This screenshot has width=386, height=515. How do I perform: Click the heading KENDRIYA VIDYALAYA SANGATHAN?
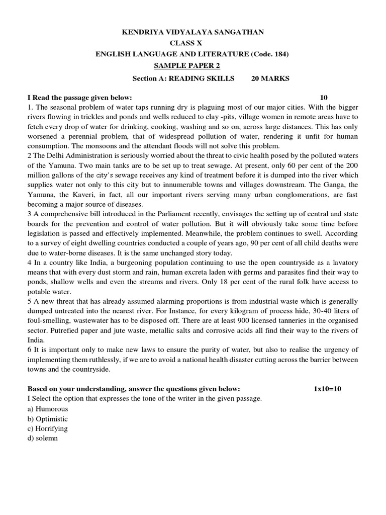(x=194, y=32)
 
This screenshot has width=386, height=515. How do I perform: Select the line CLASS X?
(x=193, y=43)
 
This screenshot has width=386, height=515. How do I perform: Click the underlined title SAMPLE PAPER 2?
(x=187, y=66)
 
